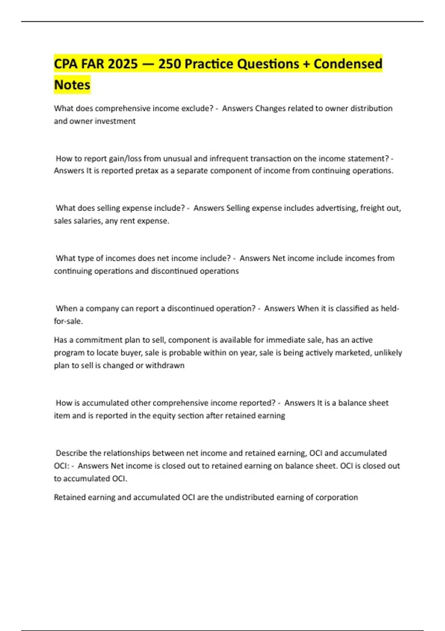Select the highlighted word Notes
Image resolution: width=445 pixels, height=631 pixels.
(72, 85)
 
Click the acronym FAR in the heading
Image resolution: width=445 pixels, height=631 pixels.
(93, 64)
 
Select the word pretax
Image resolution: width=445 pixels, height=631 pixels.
(145, 171)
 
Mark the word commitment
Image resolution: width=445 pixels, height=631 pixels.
(95, 340)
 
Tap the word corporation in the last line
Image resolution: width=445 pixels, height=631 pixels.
(336, 497)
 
